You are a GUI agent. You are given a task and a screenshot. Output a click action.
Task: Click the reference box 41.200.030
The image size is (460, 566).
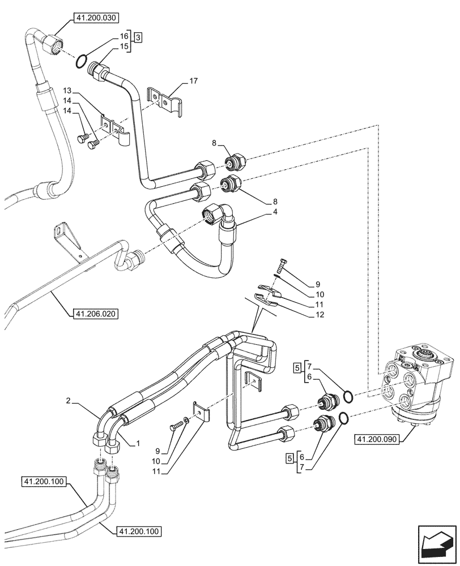coord(95,18)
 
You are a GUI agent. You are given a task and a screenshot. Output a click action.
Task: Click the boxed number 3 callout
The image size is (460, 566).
coord(138,37)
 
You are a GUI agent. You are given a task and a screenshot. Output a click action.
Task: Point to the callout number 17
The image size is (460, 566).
coord(193,82)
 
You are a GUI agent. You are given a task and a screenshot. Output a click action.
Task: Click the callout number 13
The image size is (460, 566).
coord(67,91)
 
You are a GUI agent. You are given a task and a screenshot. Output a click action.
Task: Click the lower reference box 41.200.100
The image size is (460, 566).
coord(139,531)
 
